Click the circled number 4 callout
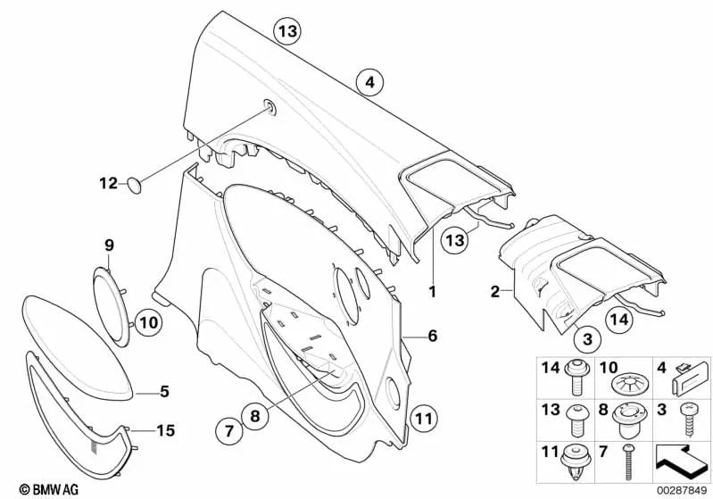(x=369, y=83)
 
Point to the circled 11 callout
(x=424, y=416)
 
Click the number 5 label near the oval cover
(x=163, y=390)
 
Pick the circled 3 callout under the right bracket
(x=587, y=339)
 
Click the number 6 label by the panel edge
(x=433, y=337)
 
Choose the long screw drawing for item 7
(x=630, y=462)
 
